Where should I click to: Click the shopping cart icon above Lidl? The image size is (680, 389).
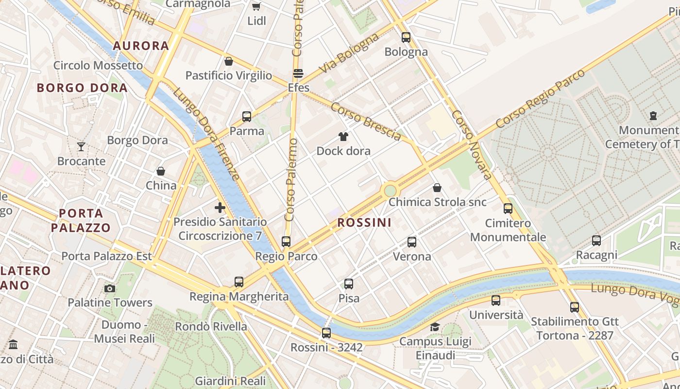tap(256, 7)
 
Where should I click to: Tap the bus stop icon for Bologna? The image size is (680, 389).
tap(406, 37)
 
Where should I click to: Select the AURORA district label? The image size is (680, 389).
tap(141, 46)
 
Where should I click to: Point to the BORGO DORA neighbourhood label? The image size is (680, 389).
tap(82, 88)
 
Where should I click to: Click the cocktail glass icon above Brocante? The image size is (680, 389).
tap(81, 146)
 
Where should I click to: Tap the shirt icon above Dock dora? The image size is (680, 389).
tap(343, 137)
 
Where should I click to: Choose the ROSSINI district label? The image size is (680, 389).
tap(364, 223)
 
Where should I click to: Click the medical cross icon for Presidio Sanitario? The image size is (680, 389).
tap(220, 208)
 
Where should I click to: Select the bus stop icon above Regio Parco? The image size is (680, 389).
tap(286, 241)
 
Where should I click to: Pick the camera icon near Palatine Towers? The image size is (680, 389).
tap(110, 288)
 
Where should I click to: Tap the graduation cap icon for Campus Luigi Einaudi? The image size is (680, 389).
tap(435, 327)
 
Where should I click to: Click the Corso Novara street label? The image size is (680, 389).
tap(472, 144)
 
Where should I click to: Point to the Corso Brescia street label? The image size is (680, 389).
tap(366, 122)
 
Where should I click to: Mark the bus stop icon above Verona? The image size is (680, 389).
tap(412, 242)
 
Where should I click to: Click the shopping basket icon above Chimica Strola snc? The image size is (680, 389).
tap(437, 188)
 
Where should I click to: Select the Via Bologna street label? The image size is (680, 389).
tap(349, 54)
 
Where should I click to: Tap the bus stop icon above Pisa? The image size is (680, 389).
tap(349, 283)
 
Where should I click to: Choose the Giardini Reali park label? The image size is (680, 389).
tap(230, 381)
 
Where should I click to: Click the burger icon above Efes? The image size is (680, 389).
tap(298, 74)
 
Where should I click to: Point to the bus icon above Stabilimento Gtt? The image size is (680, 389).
tap(575, 307)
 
